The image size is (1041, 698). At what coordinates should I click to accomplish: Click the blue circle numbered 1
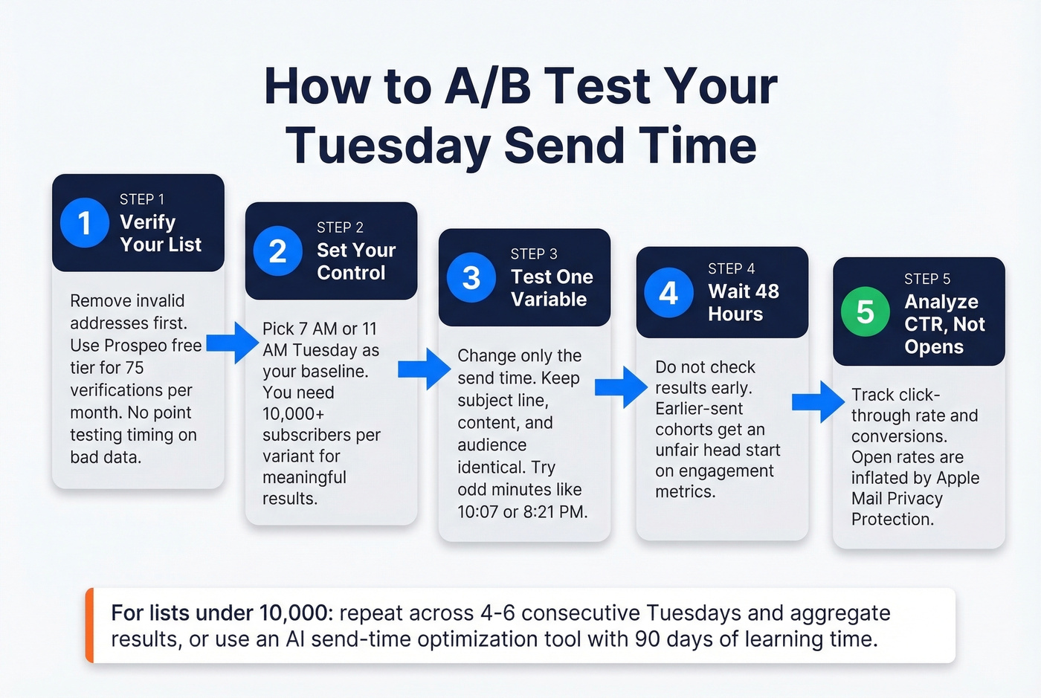(84, 222)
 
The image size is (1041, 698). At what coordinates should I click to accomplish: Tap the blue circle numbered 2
(277, 251)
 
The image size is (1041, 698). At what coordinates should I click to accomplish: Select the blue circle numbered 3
(471, 278)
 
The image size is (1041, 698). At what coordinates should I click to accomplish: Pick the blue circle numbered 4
(668, 292)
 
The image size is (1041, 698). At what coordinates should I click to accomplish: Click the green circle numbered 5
(865, 311)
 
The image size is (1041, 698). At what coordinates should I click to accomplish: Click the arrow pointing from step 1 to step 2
(232, 343)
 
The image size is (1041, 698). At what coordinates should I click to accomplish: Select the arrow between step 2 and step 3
(424, 369)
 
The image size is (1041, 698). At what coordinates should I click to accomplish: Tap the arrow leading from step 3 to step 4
(621, 387)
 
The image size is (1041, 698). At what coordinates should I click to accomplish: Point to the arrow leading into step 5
(818, 402)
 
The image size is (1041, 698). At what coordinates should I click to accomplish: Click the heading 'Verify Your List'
(160, 233)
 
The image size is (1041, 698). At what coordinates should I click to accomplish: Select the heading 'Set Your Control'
(355, 261)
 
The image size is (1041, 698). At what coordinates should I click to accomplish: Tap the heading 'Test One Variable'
(551, 288)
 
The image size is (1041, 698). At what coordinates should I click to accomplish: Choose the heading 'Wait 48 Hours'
(743, 302)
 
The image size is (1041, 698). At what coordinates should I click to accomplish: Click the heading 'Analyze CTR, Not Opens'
(944, 324)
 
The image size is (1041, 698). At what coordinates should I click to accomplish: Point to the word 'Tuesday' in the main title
(387, 145)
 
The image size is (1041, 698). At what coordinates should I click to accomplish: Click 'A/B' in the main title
(487, 86)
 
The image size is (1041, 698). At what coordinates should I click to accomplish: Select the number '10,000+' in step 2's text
(293, 414)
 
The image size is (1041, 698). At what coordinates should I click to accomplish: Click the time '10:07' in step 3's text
(478, 512)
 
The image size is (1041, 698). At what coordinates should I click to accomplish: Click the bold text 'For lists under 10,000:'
(222, 613)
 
